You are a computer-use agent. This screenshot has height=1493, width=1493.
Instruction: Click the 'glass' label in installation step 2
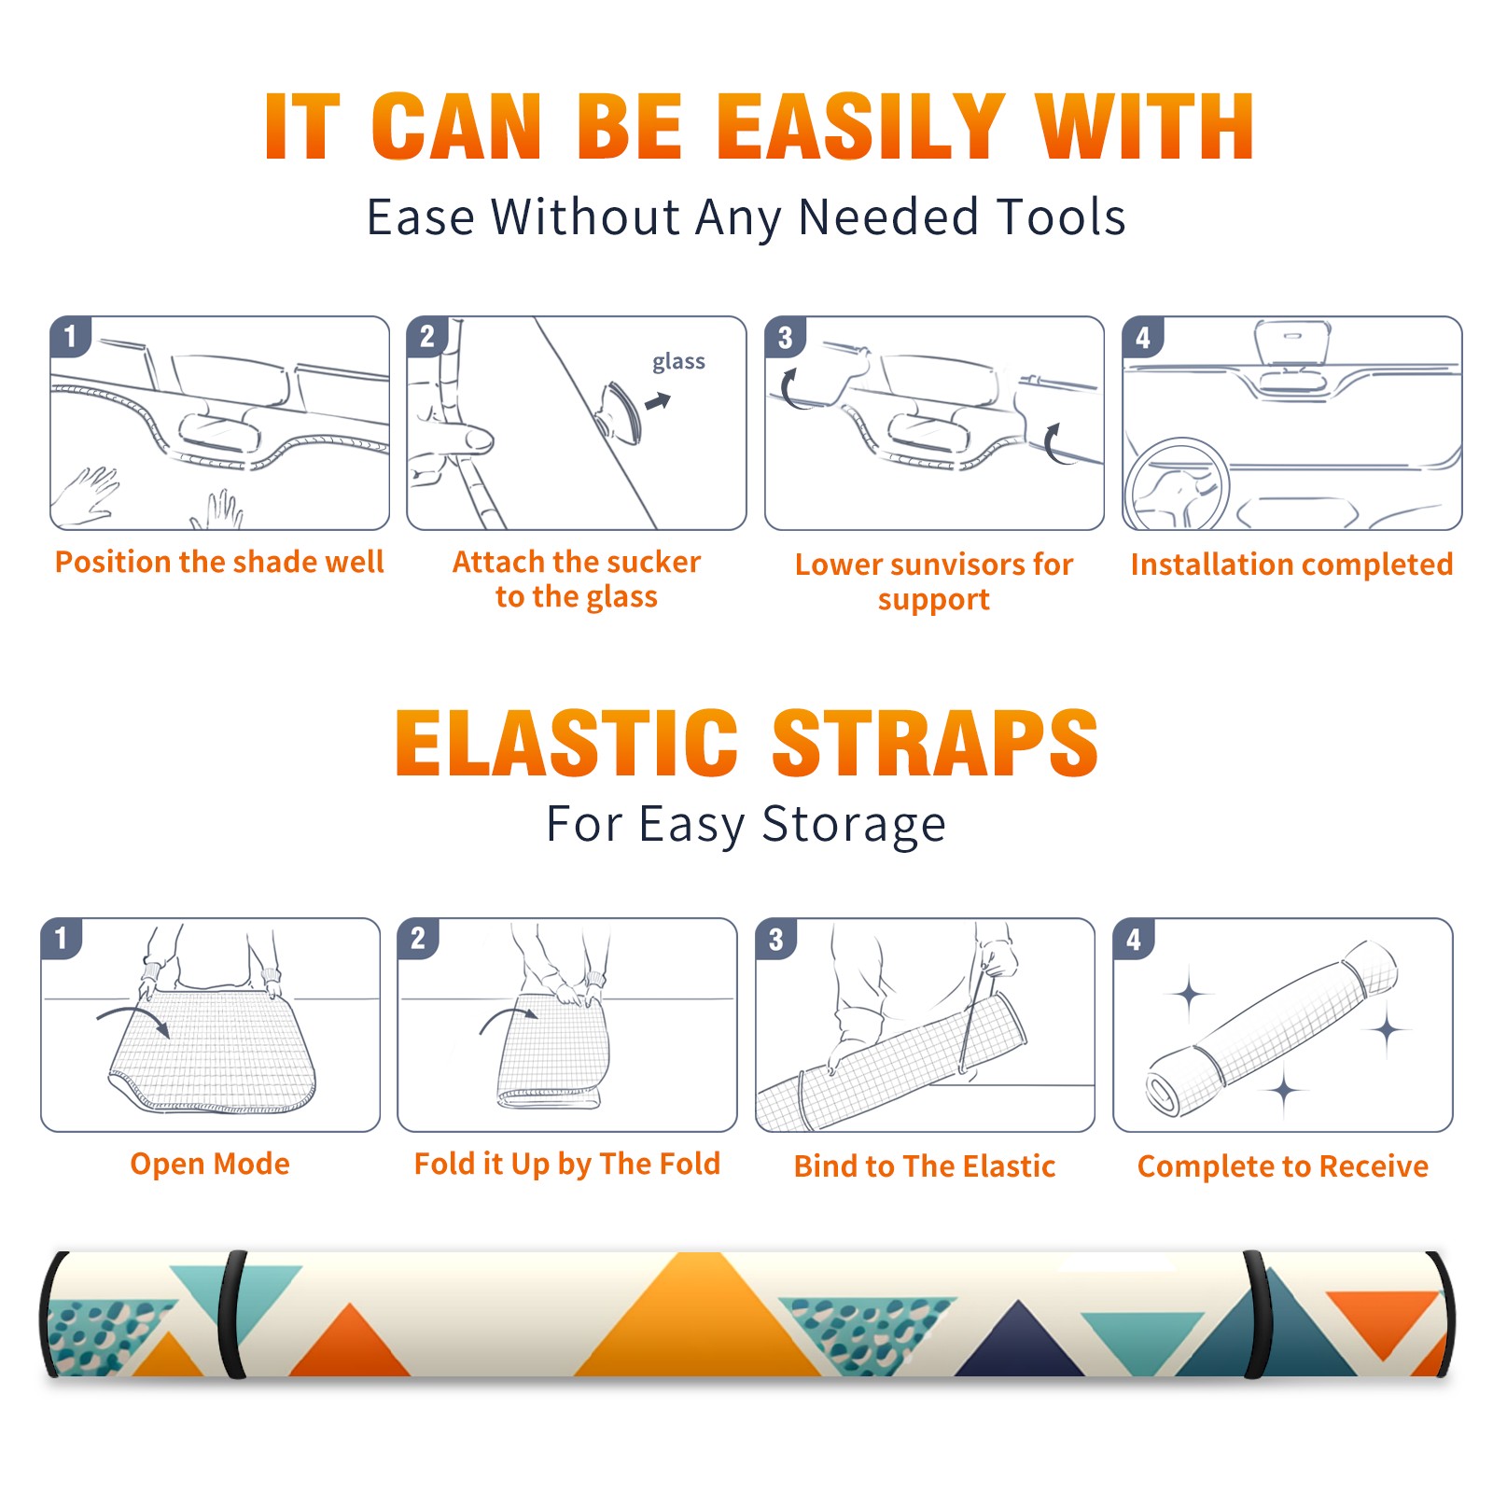[x=678, y=362]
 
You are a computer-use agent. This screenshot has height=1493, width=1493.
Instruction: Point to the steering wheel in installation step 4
[x=1177, y=483]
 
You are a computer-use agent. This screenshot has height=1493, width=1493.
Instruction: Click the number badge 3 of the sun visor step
[x=785, y=337]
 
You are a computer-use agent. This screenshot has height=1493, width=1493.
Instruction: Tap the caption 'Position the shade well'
[x=219, y=562]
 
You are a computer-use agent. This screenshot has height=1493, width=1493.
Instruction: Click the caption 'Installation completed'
[x=1291, y=564]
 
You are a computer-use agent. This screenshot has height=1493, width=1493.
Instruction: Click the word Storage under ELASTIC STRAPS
[x=854, y=825]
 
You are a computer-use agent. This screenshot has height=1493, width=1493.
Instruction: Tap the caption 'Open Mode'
[x=210, y=1164]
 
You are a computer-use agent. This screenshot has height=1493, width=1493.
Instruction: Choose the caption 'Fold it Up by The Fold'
[x=567, y=1164]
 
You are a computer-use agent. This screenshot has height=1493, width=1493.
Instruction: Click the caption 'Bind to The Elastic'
[x=925, y=1165]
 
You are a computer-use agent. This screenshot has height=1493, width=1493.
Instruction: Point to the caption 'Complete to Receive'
[x=1283, y=1165]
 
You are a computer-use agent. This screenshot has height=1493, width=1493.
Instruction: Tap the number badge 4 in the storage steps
[x=1134, y=939]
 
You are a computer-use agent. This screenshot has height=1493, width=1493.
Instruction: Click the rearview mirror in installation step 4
[x=1292, y=344]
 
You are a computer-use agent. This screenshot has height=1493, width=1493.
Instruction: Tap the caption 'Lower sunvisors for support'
[x=934, y=581]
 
